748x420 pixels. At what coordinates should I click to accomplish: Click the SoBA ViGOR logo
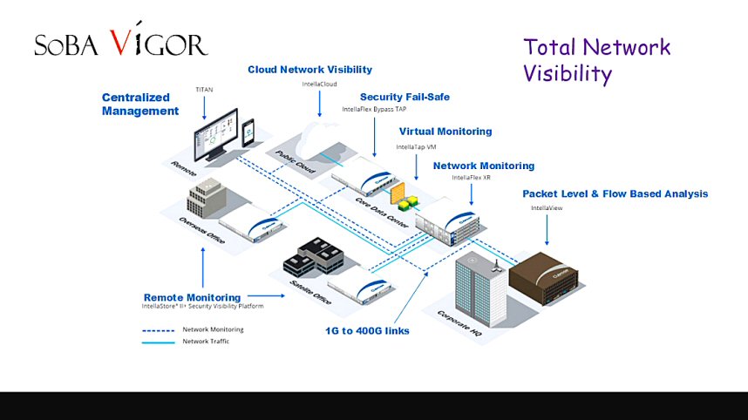pos(120,44)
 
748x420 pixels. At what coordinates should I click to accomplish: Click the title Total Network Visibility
pos(596,60)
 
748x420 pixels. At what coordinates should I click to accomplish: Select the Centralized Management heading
pos(139,105)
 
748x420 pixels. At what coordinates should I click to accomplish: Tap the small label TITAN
pos(204,88)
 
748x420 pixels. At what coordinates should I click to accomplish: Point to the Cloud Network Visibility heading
pos(309,70)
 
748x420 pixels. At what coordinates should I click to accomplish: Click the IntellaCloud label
pos(319,84)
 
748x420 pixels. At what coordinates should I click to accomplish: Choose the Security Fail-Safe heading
pos(405,97)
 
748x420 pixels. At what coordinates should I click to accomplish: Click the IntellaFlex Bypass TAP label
pos(374,110)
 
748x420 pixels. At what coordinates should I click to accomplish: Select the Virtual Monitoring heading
pos(445,132)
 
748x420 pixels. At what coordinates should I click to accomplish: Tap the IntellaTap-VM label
pos(417,147)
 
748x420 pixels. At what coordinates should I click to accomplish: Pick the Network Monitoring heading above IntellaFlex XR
pos(484,166)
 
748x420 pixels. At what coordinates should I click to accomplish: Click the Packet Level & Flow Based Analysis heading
pos(615,193)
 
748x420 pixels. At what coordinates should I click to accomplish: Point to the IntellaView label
pos(547,207)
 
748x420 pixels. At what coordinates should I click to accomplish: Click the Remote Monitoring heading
pos(192,297)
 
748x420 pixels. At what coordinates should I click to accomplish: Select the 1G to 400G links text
pos(366,331)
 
